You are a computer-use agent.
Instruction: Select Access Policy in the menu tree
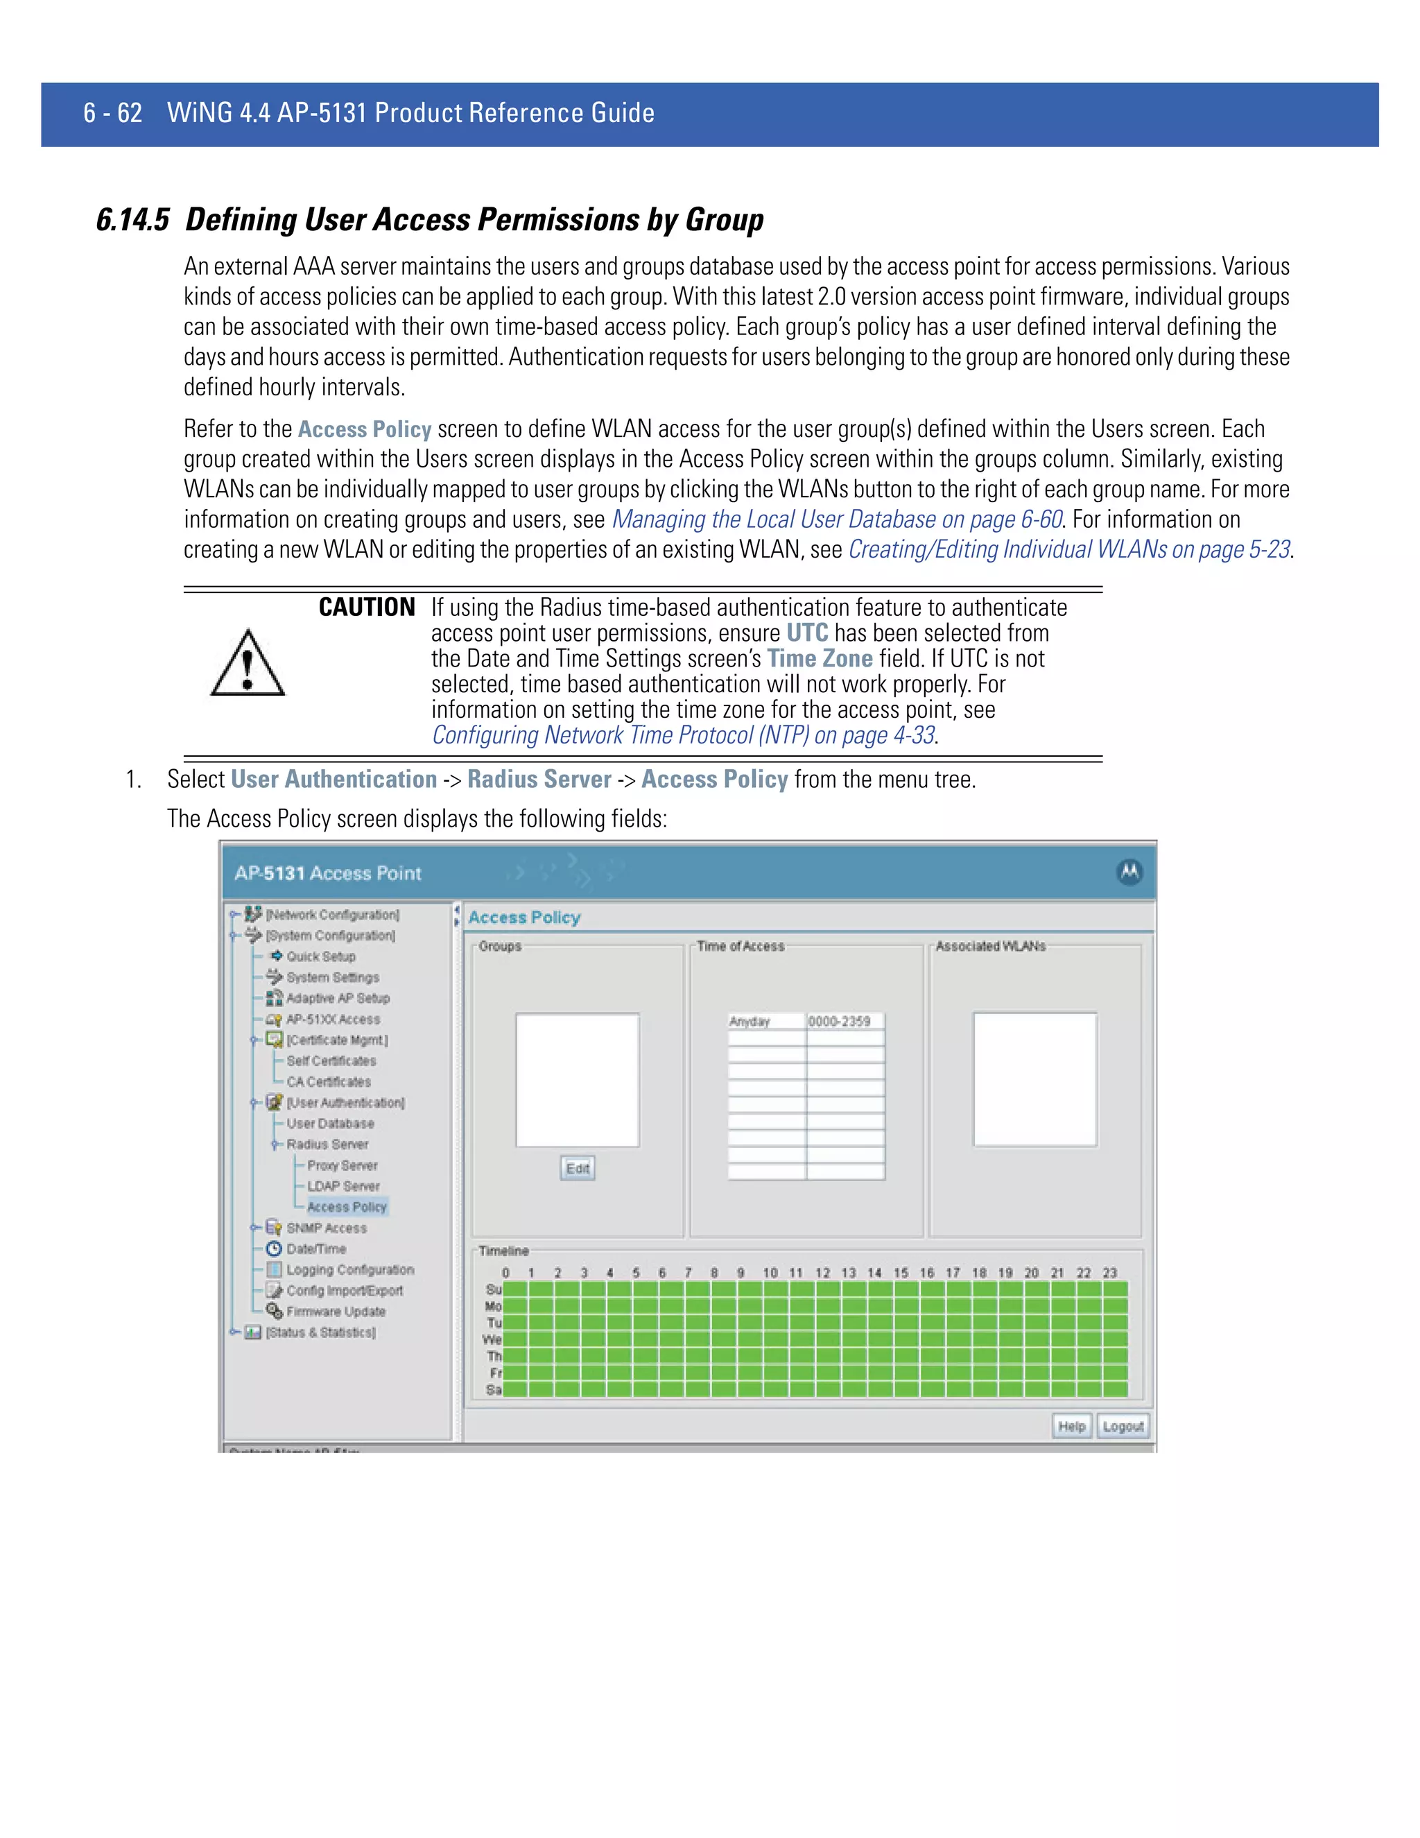pyautogui.click(x=347, y=1207)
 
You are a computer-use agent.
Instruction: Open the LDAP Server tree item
pyautogui.click(x=343, y=1186)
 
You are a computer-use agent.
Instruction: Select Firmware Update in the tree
pyautogui.click(x=335, y=1311)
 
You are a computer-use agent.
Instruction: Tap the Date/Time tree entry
pyautogui.click(x=315, y=1249)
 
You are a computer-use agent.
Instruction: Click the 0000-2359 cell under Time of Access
pyautogui.click(x=844, y=1022)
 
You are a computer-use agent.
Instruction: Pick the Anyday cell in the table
pyautogui.click(x=765, y=1022)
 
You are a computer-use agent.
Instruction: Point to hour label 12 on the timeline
pyautogui.click(x=822, y=1273)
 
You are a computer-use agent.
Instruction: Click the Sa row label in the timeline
pyautogui.click(x=494, y=1389)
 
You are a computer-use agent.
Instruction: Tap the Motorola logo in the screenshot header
pyautogui.click(x=1129, y=873)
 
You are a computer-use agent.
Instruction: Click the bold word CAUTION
pyautogui.click(x=367, y=608)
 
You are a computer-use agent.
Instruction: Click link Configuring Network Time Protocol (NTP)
pyautogui.click(x=683, y=735)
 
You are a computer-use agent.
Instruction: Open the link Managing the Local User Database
pyautogui.click(x=836, y=520)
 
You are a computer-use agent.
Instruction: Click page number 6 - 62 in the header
pyautogui.click(x=113, y=113)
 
